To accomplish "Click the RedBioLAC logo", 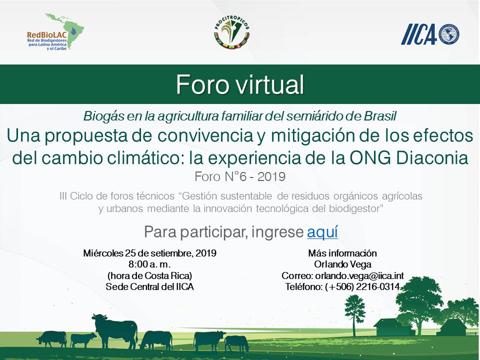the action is [x=55, y=32].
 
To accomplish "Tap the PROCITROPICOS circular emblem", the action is [x=231, y=32].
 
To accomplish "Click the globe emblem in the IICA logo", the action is [x=449, y=34].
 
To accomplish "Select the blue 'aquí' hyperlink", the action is [x=322, y=231].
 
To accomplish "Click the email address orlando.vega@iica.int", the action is [x=359, y=275].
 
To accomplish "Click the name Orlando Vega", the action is [x=342, y=264].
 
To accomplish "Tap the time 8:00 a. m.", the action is [x=149, y=264].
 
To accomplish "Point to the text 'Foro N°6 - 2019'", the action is [x=240, y=176].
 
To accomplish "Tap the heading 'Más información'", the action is [x=342, y=253].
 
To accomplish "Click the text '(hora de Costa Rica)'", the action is [x=149, y=275].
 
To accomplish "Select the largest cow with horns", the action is [x=115, y=331].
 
